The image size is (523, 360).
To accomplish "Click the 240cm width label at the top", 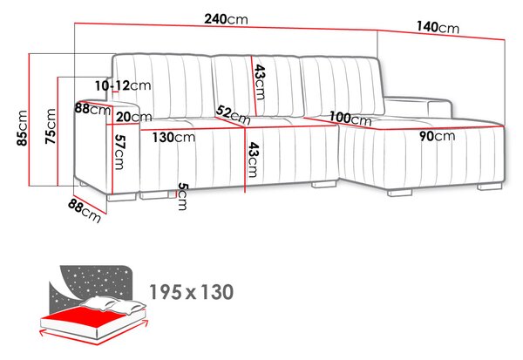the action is [226, 19].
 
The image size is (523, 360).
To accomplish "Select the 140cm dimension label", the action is [438, 27].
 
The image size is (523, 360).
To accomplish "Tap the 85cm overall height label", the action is [23, 128].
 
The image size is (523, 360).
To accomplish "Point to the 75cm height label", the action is [51, 126].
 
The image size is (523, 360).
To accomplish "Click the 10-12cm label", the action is [123, 85].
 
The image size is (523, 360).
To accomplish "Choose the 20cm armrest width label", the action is [133, 117].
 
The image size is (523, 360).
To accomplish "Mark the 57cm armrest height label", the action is [119, 152].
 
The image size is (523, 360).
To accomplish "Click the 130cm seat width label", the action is [173, 137].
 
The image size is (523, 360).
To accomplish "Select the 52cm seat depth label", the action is [233, 115].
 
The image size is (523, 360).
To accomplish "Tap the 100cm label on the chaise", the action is [350, 119].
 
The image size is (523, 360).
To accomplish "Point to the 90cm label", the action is [437, 136].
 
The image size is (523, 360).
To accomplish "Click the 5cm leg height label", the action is [183, 196].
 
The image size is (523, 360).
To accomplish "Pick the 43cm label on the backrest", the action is [260, 82].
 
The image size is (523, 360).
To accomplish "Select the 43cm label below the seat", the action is [253, 160].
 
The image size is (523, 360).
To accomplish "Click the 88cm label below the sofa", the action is [85, 211].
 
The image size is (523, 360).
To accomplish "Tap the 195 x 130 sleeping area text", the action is [192, 292].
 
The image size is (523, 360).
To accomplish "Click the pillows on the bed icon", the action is [113, 304].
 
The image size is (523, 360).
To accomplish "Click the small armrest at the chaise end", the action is [439, 108].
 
